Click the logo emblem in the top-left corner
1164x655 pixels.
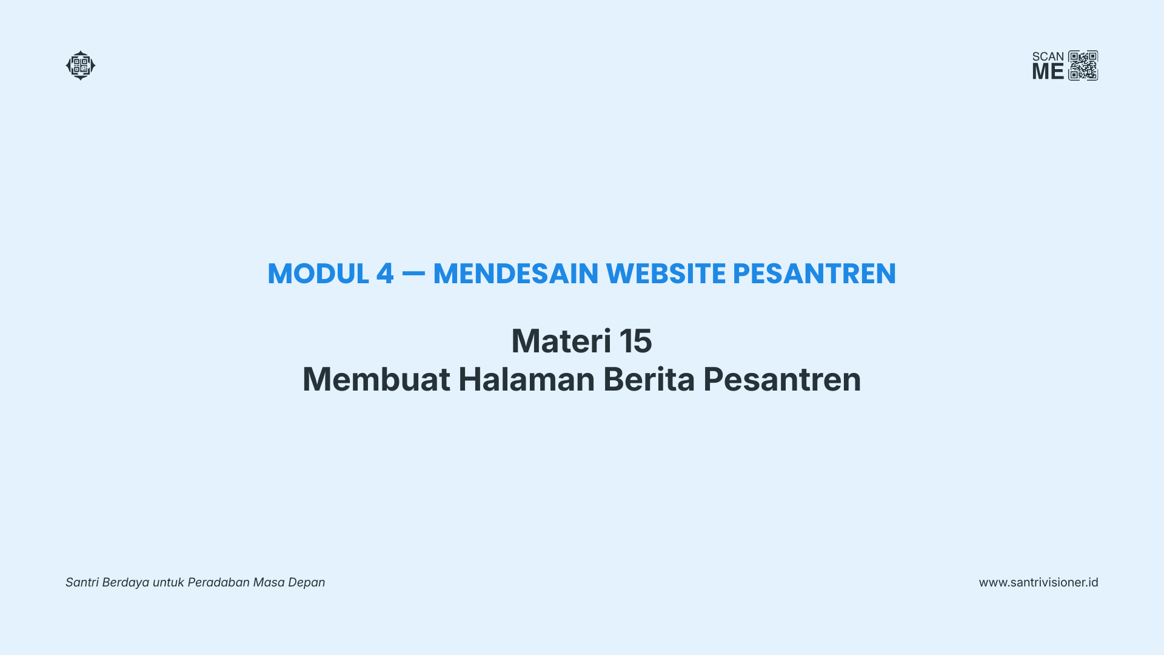pos(81,65)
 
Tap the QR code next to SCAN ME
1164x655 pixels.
pos(1083,65)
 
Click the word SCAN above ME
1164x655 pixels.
pos(1048,57)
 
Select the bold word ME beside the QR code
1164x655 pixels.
pos(1048,72)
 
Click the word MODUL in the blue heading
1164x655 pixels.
pos(318,274)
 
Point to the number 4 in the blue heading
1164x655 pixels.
pos(385,274)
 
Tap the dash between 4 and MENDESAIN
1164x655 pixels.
pos(413,274)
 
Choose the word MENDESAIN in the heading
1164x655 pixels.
pos(516,274)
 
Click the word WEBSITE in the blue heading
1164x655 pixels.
pos(666,274)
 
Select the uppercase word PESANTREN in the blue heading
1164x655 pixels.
pos(814,274)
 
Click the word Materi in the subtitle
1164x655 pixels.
pos(561,341)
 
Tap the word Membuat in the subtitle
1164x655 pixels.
pos(376,379)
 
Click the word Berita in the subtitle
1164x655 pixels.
pos(649,379)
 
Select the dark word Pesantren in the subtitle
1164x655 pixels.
pos(782,380)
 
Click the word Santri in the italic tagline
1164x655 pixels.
pos(82,582)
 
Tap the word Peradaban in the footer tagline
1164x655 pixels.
pos(219,582)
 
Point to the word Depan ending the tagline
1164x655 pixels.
pos(307,583)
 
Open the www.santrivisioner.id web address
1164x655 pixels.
pos(1039,582)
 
